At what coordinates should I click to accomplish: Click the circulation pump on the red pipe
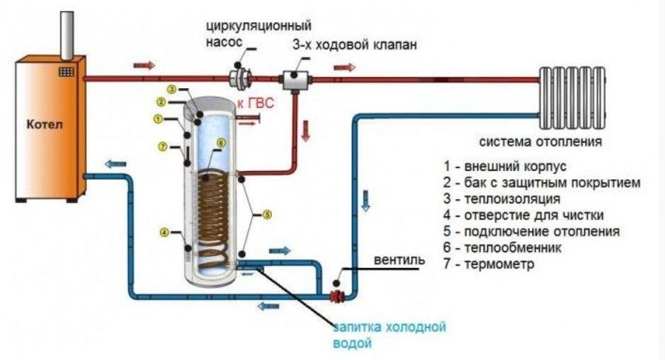[x=240, y=76]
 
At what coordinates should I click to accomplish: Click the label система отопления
[x=540, y=141]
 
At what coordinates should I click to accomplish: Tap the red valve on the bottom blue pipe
[x=338, y=296]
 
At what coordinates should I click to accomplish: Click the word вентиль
[x=399, y=261]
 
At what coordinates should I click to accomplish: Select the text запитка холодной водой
[x=389, y=335]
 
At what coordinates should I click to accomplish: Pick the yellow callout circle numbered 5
[x=267, y=215]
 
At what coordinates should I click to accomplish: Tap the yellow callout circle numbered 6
[x=220, y=142]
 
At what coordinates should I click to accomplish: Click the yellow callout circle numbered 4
[x=164, y=232]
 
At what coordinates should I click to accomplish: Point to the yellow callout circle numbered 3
[x=170, y=90]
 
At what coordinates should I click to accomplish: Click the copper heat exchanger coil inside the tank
[x=215, y=215]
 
